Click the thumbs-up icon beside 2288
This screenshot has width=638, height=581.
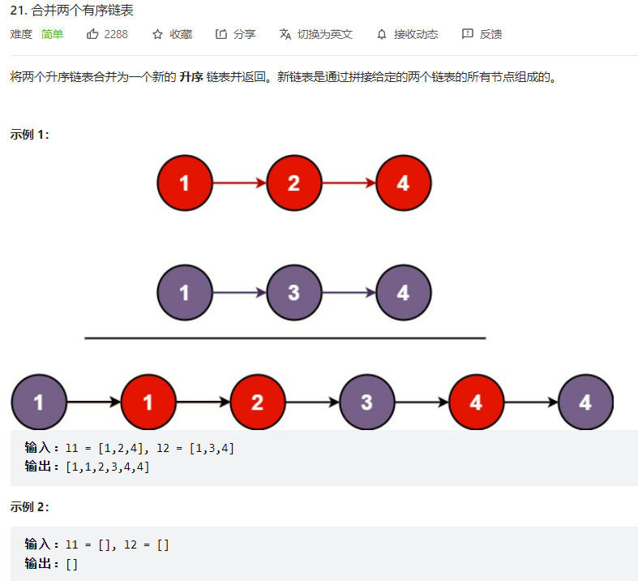(92, 34)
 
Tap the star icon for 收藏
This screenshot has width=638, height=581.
(157, 34)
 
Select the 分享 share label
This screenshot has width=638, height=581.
(244, 34)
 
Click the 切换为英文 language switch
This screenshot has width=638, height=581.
(324, 34)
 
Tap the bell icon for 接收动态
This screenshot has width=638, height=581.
(382, 34)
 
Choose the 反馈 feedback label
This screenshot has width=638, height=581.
(490, 34)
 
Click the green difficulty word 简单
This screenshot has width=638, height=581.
(52, 34)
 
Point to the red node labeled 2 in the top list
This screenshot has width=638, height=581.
(293, 183)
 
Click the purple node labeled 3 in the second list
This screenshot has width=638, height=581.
(293, 292)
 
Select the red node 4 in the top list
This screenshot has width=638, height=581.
(403, 183)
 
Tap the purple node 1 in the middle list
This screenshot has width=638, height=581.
(184, 292)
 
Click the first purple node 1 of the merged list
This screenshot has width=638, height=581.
(38, 402)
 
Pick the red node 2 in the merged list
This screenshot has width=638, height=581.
(257, 402)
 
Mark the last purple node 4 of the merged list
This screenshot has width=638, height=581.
(585, 402)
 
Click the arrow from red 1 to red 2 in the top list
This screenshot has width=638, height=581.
(239, 183)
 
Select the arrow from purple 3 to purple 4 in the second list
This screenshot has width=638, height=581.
(349, 292)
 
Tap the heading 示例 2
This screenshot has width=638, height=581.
(29, 506)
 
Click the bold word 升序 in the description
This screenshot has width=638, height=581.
(191, 77)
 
